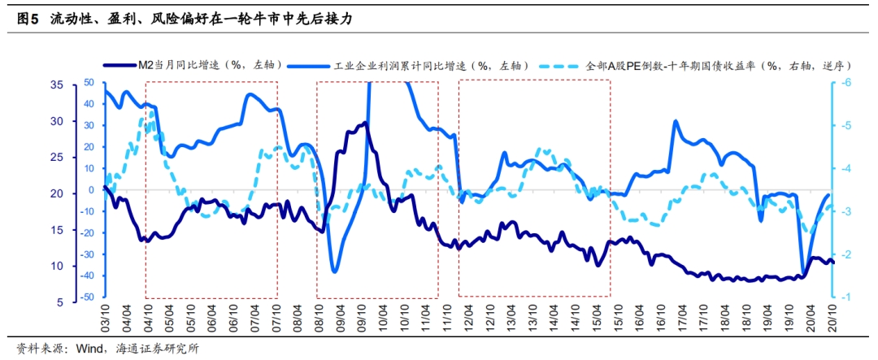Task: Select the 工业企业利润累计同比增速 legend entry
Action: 432,65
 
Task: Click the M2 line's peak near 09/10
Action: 365,124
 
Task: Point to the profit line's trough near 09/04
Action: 335,271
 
